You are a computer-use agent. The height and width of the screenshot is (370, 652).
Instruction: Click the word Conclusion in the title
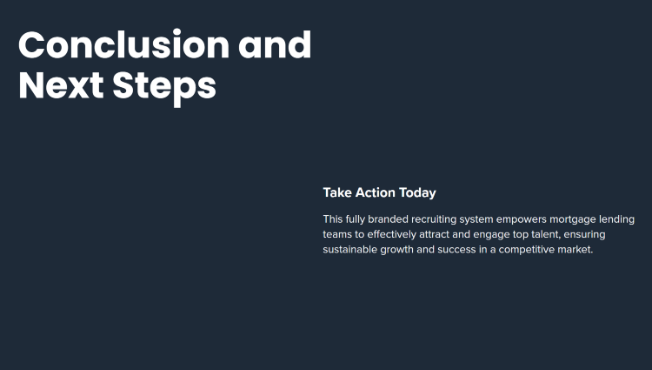pyautogui.click(x=124, y=44)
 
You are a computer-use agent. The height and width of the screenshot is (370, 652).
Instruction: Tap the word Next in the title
pyautogui.click(x=61, y=85)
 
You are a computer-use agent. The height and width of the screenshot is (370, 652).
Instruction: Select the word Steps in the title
pyautogui.click(x=164, y=88)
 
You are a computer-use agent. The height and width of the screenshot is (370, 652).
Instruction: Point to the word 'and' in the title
pyautogui.click(x=275, y=44)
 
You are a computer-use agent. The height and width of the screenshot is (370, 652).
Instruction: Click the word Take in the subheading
pyautogui.click(x=337, y=192)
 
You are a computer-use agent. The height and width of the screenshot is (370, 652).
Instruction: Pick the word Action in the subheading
pyautogui.click(x=375, y=192)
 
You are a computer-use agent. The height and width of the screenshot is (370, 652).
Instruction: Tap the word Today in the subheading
pyautogui.click(x=417, y=193)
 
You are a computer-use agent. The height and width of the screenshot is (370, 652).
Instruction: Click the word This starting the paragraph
pyautogui.click(x=333, y=219)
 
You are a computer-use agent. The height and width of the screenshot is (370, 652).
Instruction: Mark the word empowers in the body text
pyautogui.click(x=522, y=219)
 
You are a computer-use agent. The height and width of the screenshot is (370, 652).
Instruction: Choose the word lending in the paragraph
pyautogui.click(x=616, y=219)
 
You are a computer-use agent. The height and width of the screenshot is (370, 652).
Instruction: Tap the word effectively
pyautogui.click(x=392, y=235)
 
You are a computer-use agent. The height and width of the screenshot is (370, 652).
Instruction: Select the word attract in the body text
pyautogui.click(x=434, y=234)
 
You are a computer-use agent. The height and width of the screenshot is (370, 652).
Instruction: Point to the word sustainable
pyautogui.click(x=350, y=249)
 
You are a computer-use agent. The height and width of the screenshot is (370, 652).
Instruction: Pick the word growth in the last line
pyautogui.click(x=397, y=250)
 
